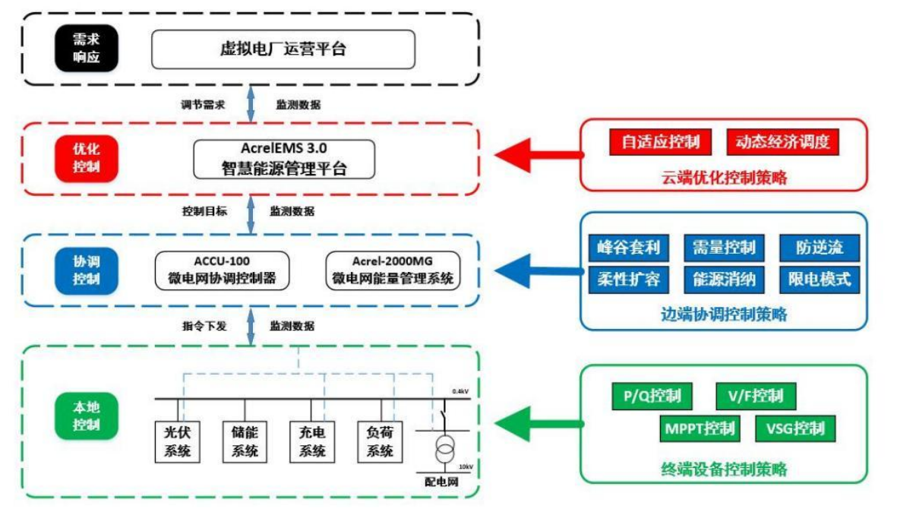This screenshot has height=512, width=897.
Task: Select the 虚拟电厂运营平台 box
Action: pyautogui.click(x=283, y=49)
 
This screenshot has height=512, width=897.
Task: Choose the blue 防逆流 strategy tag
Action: pyautogui.click(x=820, y=248)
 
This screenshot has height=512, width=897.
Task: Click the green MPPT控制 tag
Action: pyautogui.click(x=698, y=428)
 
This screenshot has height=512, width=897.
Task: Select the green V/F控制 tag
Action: pyautogui.click(x=755, y=396)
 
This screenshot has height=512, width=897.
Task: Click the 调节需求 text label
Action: pyautogui.click(x=204, y=105)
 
